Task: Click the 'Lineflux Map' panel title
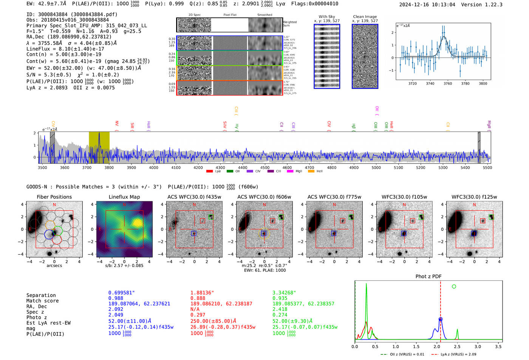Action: [124, 197]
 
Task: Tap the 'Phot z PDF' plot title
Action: [428, 276]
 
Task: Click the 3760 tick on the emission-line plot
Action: [448, 83]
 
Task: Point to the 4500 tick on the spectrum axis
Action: [265, 167]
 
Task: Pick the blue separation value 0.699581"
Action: [121, 293]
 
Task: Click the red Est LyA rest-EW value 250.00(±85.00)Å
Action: [213, 321]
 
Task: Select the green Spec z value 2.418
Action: [280, 309]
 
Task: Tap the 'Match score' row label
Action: [42, 301]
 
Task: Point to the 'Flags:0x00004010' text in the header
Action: [314, 3]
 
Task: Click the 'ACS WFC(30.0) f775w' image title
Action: [334, 197]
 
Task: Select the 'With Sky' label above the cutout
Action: [326, 17]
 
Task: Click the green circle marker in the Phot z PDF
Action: [454, 286]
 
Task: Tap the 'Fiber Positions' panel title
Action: [54, 197]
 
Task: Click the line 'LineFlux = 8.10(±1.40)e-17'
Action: [65, 49]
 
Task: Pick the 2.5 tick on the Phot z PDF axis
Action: [457, 346]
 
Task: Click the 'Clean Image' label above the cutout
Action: [365, 17]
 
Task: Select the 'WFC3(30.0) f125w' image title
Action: [474, 197]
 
